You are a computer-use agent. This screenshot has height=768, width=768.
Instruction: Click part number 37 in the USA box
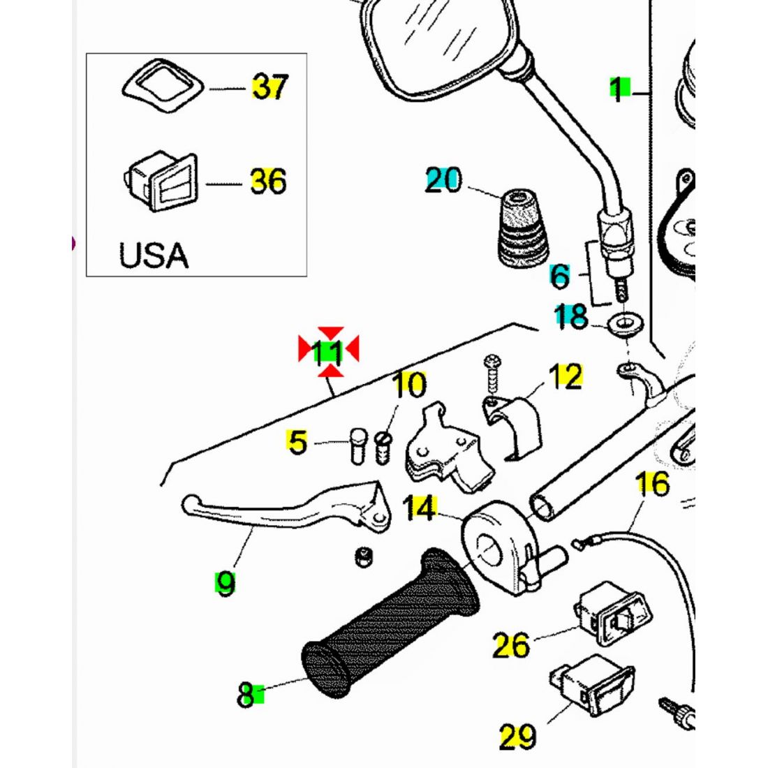click(x=269, y=88)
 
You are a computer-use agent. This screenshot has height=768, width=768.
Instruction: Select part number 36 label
click(x=268, y=182)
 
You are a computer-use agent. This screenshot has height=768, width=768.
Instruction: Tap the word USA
click(x=154, y=256)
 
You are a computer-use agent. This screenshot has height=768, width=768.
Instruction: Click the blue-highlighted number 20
click(x=443, y=181)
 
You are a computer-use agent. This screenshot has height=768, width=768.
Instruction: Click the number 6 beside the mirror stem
click(x=560, y=276)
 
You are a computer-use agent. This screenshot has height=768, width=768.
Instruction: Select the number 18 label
click(x=571, y=318)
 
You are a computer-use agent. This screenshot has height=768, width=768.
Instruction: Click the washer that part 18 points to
click(x=622, y=323)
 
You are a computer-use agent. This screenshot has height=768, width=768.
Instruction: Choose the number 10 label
click(x=409, y=385)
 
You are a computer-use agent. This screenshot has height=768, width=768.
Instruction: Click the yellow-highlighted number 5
click(x=298, y=443)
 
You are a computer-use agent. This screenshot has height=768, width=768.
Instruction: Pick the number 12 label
click(x=566, y=377)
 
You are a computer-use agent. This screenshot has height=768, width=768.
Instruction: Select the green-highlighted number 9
click(x=225, y=582)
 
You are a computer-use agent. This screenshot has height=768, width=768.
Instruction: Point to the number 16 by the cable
click(x=653, y=483)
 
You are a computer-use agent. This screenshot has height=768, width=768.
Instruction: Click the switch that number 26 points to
click(x=613, y=611)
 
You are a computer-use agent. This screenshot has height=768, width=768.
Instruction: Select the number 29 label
click(x=517, y=736)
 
